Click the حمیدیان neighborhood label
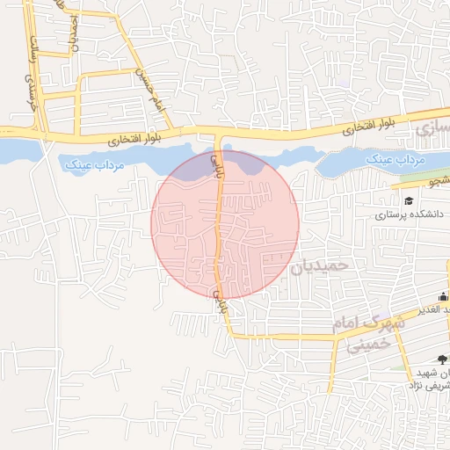[321, 265]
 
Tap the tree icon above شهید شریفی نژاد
[441, 358]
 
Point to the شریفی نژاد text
[433, 385]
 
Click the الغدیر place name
[434, 308]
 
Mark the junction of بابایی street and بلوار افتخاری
[218, 134]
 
